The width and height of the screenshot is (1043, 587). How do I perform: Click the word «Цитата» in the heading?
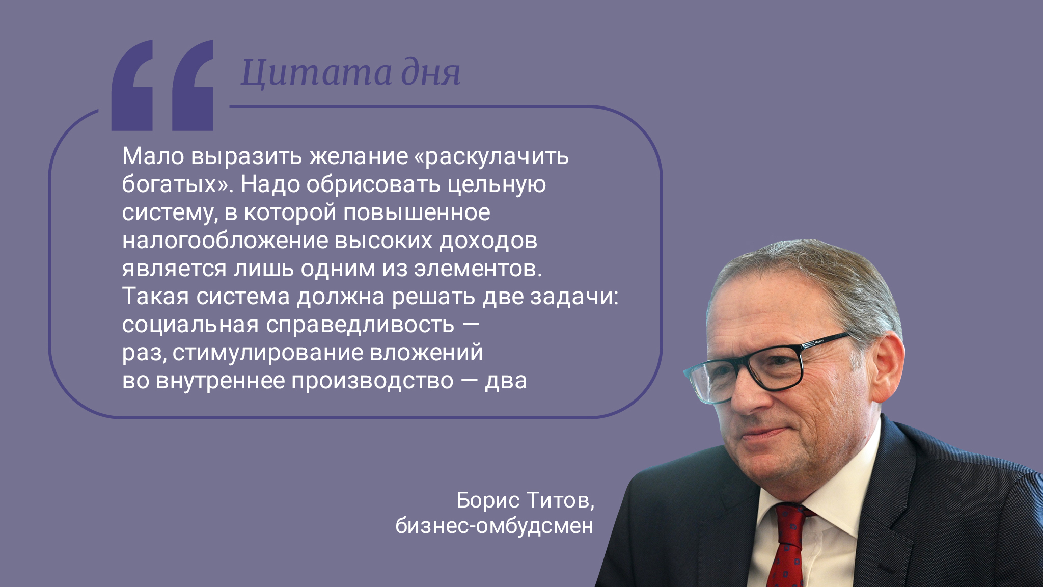coord(316,72)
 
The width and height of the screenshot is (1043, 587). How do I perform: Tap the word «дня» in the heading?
coord(431,73)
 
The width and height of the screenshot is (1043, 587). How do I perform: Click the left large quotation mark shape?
coord(132,85)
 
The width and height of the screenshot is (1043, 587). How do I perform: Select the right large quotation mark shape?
coord(193,85)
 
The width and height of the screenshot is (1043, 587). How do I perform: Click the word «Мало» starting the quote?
coord(153,156)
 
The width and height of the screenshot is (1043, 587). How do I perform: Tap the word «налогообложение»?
coord(225,241)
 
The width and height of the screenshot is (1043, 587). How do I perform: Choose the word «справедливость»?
coord(360,325)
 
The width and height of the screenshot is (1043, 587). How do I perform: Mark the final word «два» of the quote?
coord(506,381)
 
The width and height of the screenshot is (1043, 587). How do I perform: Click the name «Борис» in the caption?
coord(488,500)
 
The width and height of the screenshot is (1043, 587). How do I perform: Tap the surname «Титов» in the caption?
coord(557,500)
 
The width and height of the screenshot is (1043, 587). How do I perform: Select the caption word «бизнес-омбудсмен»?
coord(495,526)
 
